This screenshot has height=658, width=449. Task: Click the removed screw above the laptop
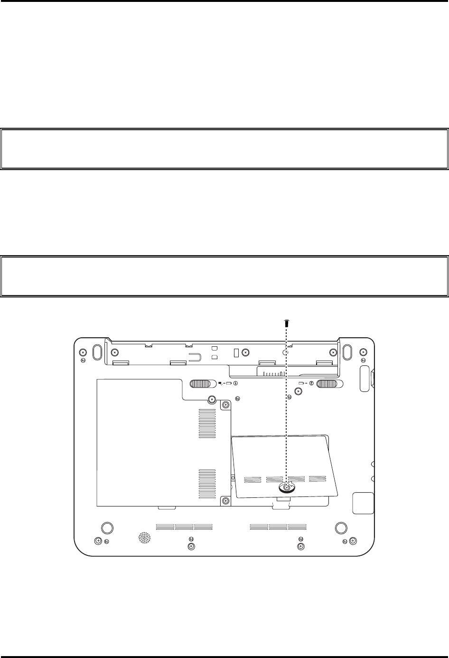286,323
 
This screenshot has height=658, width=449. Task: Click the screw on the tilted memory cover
286,487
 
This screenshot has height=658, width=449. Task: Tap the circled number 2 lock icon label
311,383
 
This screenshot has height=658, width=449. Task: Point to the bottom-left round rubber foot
107,527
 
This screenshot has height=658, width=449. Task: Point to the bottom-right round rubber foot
340,527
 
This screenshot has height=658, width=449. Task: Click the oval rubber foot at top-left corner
96,353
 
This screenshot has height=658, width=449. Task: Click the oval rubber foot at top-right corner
347,353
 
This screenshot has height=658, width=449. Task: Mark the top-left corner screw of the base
83,353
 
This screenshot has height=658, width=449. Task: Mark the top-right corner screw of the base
363,353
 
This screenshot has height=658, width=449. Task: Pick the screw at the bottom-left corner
98,541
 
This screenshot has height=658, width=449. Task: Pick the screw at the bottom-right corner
353,541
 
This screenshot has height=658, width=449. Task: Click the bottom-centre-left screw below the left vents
191,547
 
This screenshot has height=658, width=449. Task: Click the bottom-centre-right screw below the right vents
300,547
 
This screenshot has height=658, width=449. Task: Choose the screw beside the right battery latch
298,391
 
